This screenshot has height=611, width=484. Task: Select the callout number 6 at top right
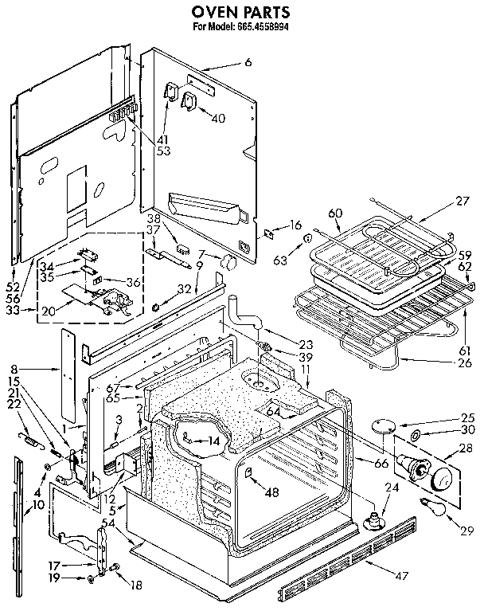(248, 62)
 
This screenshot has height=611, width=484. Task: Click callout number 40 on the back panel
(217, 118)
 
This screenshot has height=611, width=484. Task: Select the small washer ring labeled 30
(416, 436)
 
